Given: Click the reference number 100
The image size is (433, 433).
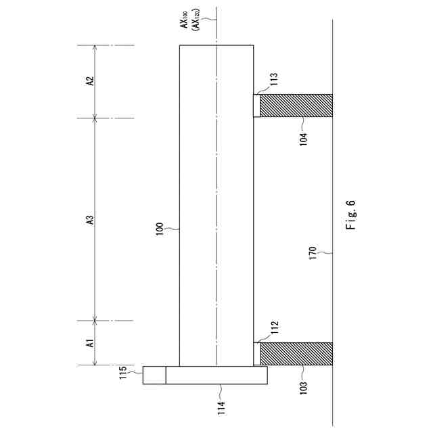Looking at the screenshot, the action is coord(160,229).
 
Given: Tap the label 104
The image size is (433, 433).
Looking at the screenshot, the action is coord(303,139).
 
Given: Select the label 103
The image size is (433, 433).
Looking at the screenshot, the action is coord(303,388).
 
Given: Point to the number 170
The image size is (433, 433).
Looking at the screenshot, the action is coord(313,253).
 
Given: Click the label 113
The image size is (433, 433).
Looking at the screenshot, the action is coord(273,79).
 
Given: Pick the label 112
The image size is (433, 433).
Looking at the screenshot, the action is coord(275,327).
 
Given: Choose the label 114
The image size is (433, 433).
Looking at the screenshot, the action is coord(221,408).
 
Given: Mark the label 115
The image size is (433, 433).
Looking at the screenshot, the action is coord(123,372).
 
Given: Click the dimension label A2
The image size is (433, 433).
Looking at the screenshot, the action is coord(90,81).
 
